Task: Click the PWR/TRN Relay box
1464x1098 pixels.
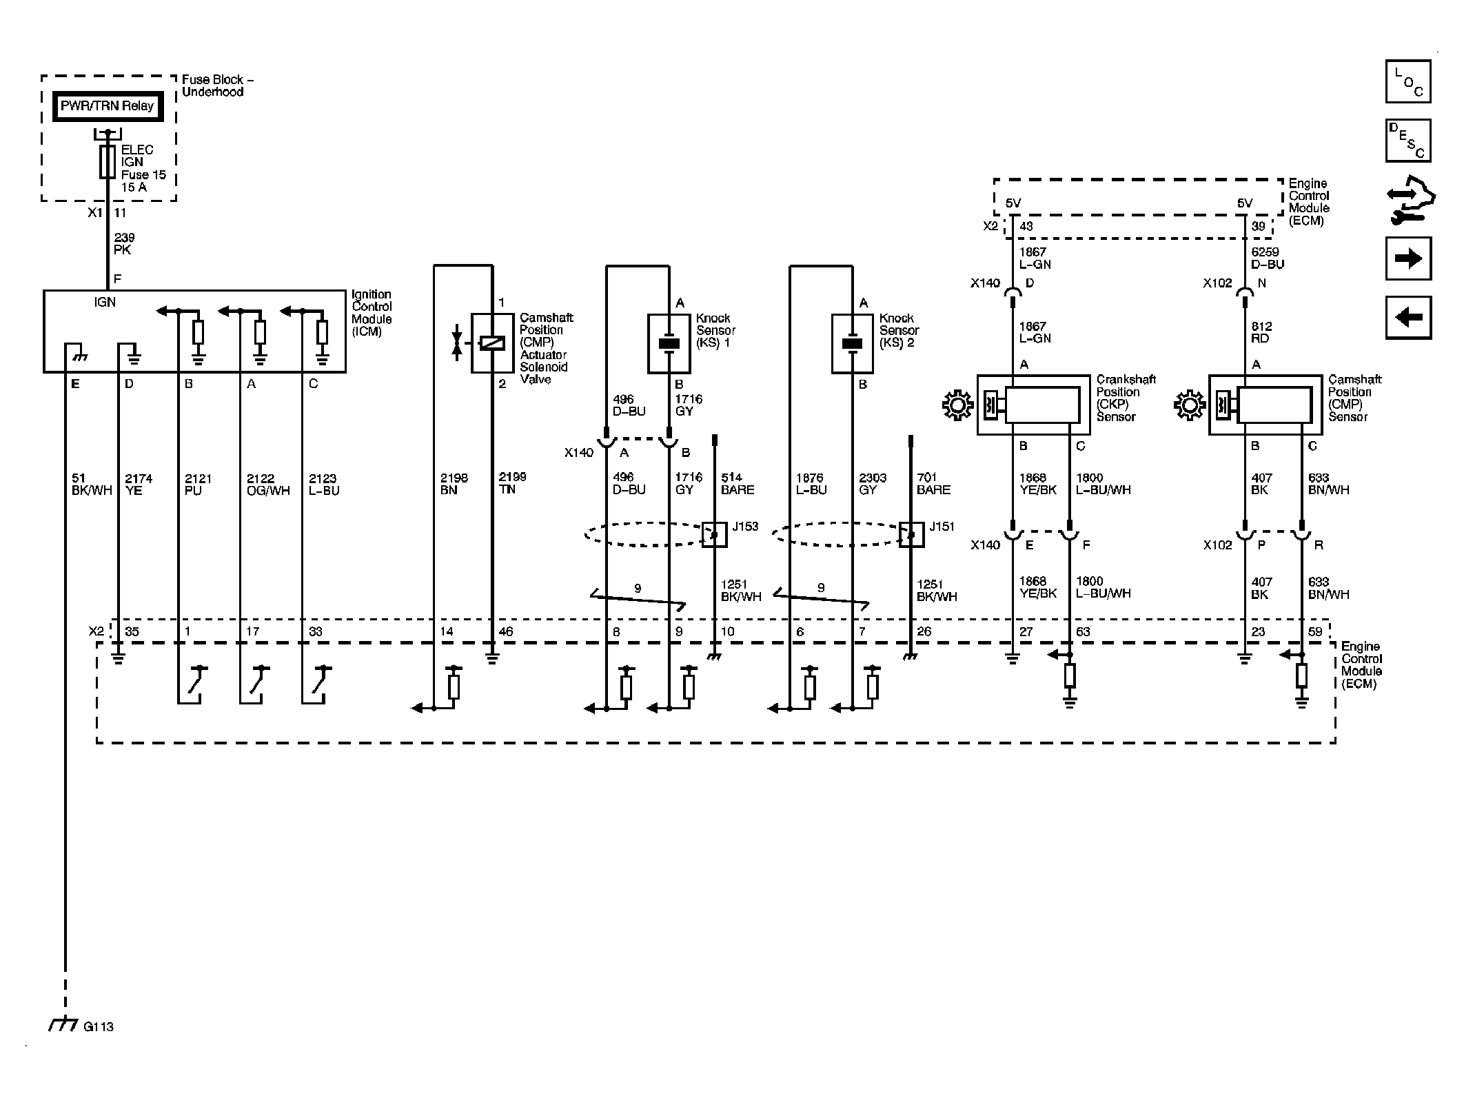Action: [x=108, y=106]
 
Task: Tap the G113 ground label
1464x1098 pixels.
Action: [x=98, y=1026]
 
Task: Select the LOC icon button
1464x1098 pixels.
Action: [x=1408, y=81]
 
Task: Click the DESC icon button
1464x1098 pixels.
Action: [x=1408, y=141]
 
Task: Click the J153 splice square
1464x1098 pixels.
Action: [x=714, y=534]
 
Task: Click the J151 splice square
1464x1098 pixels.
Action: [x=911, y=534]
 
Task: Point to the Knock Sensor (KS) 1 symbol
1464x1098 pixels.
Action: [x=669, y=344]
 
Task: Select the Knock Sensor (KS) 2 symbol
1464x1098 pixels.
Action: [x=853, y=344]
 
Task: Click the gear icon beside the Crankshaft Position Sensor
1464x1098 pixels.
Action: [x=957, y=405]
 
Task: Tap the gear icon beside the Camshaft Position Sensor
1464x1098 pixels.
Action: [x=1189, y=405]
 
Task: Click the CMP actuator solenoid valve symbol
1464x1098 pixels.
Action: [x=491, y=343]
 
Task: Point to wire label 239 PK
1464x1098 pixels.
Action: [x=124, y=244]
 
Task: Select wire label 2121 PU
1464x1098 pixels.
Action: [x=198, y=485]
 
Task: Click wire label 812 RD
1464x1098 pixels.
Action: [x=1261, y=332]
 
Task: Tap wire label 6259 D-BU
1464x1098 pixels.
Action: [x=1268, y=258]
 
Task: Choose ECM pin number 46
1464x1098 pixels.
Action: [x=505, y=631]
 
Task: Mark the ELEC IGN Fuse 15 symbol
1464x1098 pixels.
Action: [x=108, y=162]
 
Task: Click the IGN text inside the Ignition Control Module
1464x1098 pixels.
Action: [x=105, y=302]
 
